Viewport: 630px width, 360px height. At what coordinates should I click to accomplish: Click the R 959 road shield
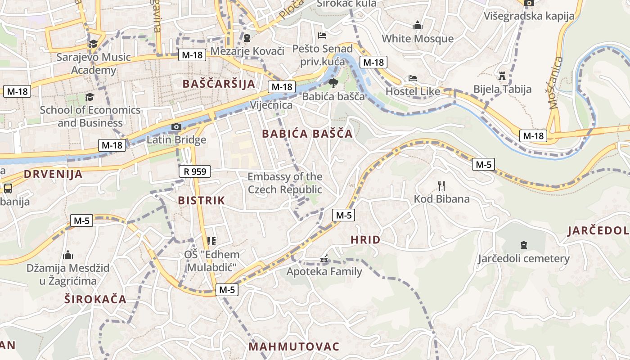(195, 171)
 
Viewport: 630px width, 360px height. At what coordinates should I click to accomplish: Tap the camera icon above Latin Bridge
(176, 126)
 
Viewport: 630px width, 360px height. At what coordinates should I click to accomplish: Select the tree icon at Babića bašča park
(333, 83)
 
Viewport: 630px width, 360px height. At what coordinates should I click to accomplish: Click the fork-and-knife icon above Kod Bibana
(441, 185)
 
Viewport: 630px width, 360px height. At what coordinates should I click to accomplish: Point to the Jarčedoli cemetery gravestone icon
(523, 245)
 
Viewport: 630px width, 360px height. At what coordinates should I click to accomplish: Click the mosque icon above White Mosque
(418, 25)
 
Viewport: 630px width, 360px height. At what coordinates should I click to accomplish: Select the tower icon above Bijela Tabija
(502, 76)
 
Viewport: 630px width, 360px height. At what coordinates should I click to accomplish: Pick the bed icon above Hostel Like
(412, 78)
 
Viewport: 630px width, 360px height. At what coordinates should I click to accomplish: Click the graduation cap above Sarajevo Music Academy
(93, 44)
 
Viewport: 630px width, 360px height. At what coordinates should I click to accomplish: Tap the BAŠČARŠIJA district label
(219, 84)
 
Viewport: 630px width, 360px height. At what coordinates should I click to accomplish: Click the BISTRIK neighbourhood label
(201, 201)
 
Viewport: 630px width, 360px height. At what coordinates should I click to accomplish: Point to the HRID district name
(365, 240)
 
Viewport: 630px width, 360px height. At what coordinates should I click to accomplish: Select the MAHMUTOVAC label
(294, 346)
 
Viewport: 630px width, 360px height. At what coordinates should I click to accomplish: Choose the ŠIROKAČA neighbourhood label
(95, 299)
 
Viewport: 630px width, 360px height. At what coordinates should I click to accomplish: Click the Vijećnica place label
(271, 105)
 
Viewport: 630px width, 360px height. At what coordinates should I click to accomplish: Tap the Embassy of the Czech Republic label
(285, 183)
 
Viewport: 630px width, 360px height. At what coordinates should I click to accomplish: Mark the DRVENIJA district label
(53, 174)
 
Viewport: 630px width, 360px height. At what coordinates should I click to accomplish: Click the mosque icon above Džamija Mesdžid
(68, 255)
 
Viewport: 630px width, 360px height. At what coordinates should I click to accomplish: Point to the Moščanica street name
(556, 83)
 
